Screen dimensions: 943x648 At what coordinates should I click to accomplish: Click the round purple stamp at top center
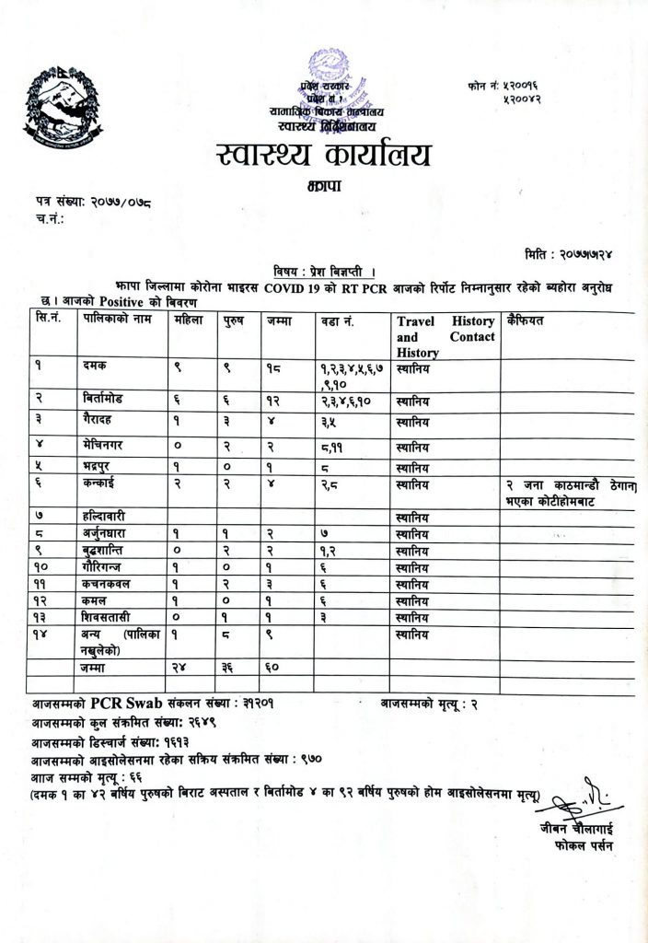[329, 74]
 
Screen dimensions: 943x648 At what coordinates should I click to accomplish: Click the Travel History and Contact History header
[445, 336]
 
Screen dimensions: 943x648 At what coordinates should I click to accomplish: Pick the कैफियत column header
[526, 321]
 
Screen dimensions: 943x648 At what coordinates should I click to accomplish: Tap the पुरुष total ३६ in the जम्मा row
[230, 666]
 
